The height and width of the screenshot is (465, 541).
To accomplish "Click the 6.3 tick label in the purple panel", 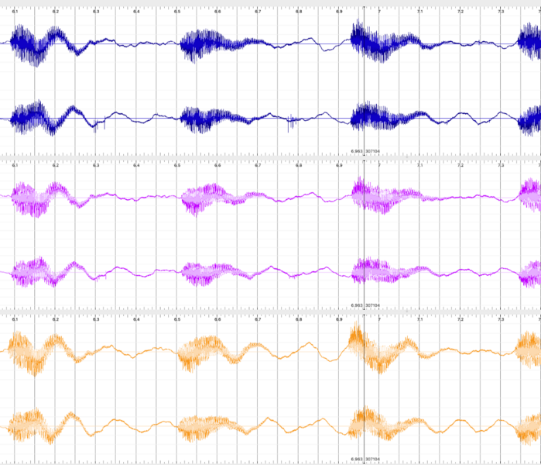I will (96, 166).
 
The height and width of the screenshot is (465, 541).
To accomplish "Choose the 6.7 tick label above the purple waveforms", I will (258, 166).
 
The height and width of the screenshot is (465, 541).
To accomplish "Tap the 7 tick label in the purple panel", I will (379, 166).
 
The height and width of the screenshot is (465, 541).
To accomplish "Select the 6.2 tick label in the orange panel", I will (56, 319).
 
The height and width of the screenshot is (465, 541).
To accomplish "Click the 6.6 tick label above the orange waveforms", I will (217, 319).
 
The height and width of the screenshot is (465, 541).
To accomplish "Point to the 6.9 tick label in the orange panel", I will (339, 319).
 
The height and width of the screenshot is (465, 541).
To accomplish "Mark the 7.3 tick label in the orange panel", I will (501, 319).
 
